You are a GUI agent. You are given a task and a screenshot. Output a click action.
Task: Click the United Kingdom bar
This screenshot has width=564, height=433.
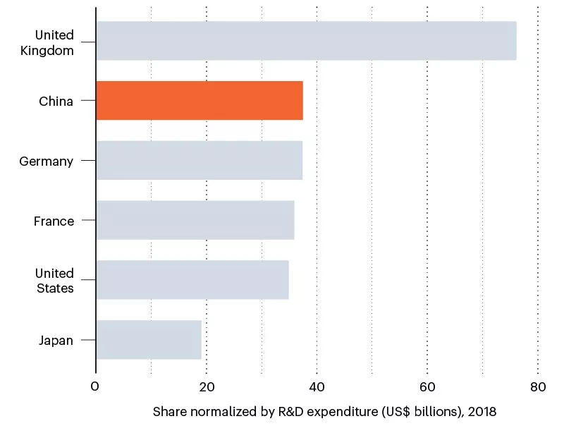[306, 41]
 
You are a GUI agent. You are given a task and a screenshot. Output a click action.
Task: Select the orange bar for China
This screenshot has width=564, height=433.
[200, 101]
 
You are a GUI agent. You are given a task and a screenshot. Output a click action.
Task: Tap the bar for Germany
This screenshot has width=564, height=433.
[199, 160]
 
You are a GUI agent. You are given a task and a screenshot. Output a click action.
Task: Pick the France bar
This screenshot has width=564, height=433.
[195, 220]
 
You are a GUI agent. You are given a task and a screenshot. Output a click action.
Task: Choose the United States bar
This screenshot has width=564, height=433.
[192, 280]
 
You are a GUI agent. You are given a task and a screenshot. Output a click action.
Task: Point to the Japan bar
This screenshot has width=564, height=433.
[149, 340]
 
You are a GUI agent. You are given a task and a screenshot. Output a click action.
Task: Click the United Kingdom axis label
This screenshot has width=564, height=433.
[54, 42]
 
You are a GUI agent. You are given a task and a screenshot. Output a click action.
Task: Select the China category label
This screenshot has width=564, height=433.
[56, 102]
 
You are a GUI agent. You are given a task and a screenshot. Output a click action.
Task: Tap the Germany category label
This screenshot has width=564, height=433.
[46, 161]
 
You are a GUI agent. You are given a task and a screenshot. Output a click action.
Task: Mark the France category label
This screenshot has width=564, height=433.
[54, 221]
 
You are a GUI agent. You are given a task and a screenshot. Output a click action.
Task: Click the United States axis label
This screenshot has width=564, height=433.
[54, 281]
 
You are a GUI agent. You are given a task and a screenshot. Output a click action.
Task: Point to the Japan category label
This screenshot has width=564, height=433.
[56, 341]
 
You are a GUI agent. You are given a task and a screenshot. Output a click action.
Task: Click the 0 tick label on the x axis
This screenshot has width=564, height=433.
[95, 386]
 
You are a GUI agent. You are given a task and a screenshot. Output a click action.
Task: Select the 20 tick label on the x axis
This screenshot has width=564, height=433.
[206, 386]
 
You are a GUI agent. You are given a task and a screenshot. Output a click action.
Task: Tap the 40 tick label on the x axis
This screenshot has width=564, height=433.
[317, 386]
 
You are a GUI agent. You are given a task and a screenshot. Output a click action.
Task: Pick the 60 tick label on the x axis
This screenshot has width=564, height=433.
[427, 386]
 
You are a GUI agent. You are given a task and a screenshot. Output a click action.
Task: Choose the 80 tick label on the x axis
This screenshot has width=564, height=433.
[538, 386]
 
